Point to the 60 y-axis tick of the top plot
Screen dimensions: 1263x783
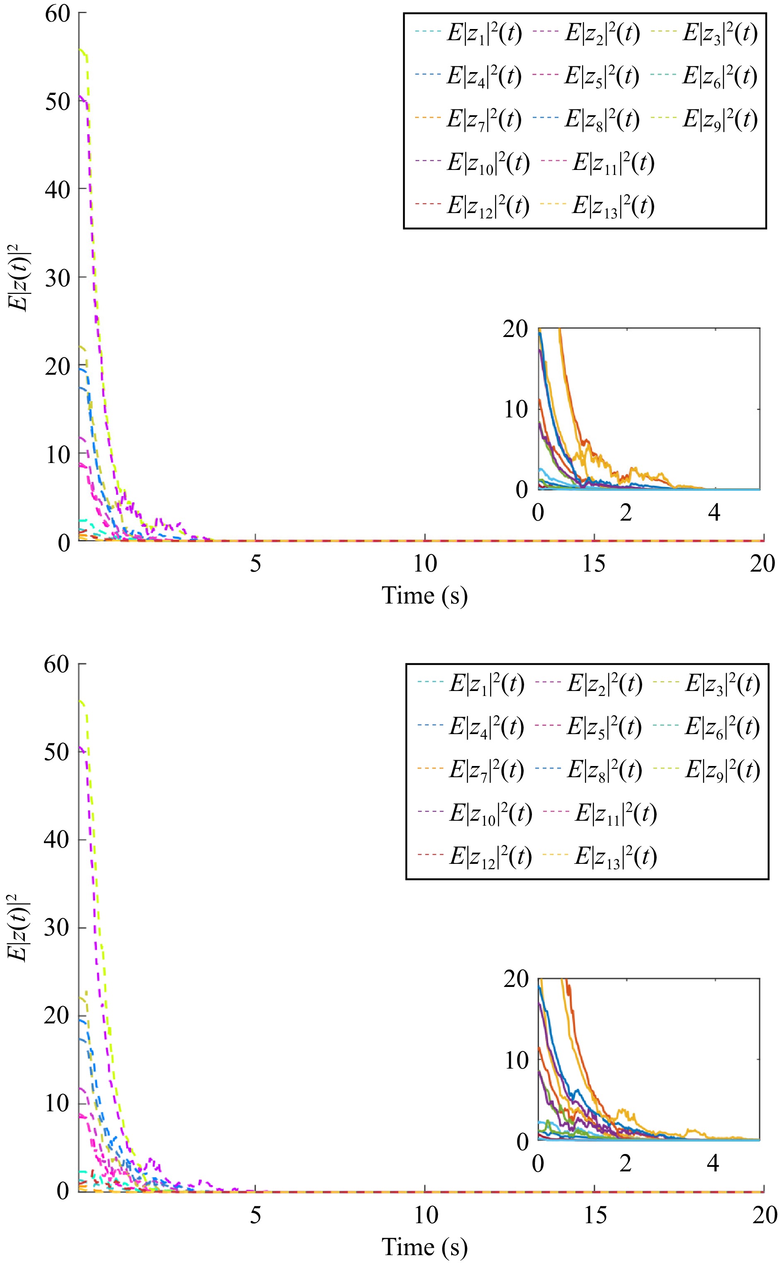(x=57, y=14)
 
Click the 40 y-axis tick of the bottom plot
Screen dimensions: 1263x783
(x=57, y=839)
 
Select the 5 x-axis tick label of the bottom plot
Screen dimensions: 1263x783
(x=255, y=1215)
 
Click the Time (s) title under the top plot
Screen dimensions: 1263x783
(x=425, y=596)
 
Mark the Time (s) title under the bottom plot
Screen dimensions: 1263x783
(x=425, y=1248)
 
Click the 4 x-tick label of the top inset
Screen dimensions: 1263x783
(x=714, y=513)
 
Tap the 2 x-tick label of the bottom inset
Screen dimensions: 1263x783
(x=626, y=1164)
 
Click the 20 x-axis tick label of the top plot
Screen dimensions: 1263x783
(x=762, y=564)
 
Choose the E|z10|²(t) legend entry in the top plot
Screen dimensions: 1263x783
(x=488, y=163)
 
